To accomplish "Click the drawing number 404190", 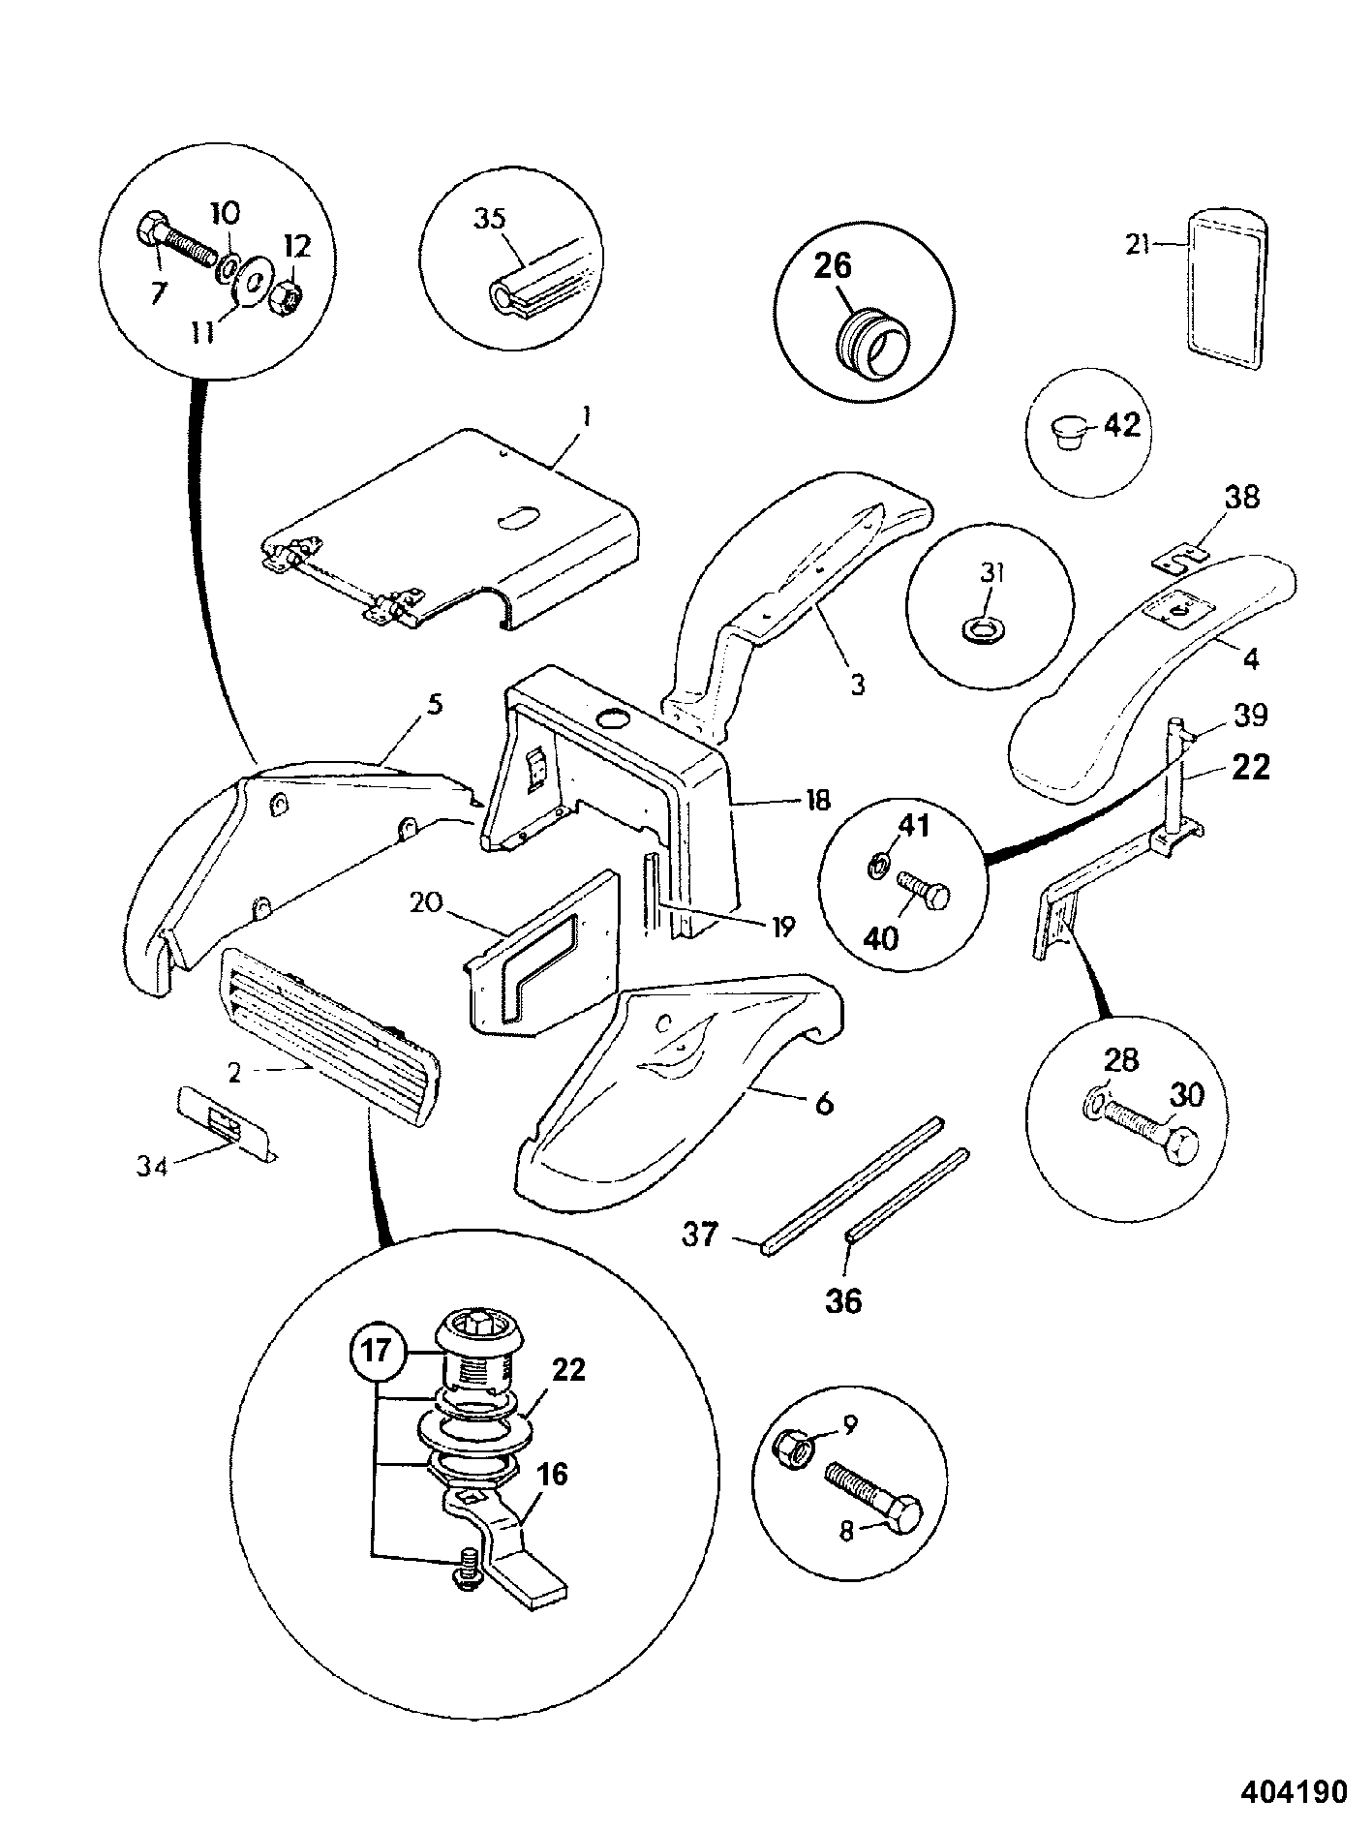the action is click(1294, 1792).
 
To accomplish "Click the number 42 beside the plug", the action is click(1122, 425).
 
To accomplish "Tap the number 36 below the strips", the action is click(842, 1300).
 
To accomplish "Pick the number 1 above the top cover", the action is click(586, 418).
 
